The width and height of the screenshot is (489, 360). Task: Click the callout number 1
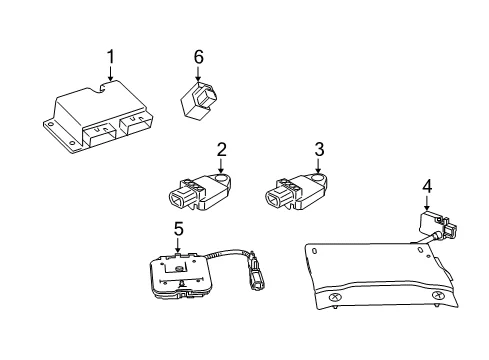(110, 57)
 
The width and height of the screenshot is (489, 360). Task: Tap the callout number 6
(199, 57)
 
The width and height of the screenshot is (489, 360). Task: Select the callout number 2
(221, 150)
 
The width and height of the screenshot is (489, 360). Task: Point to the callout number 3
(319, 149)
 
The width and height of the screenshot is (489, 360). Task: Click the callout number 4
(427, 187)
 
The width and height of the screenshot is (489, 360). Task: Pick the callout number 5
(179, 229)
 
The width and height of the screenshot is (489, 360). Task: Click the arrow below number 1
(110, 73)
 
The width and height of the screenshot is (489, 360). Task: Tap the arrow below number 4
(427, 202)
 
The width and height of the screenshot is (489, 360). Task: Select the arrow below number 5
(178, 245)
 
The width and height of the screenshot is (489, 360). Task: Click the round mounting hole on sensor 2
(221, 179)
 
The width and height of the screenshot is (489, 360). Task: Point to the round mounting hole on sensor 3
(319, 179)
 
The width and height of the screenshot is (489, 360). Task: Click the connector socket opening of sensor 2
(177, 199)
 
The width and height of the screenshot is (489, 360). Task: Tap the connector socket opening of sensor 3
(274, 199)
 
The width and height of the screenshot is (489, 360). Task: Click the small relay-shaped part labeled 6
(199, 100)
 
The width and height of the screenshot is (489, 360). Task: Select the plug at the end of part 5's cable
(257, 274)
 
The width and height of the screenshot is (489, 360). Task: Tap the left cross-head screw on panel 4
(334, 297)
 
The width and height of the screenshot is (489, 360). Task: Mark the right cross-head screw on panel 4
(436, 295)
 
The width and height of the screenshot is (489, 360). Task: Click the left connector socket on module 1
(99, 135)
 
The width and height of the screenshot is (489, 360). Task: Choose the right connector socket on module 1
(136, 123)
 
